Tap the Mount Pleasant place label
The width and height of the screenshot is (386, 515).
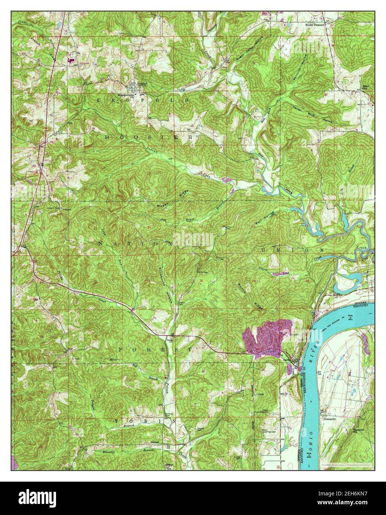coord(315,24)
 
